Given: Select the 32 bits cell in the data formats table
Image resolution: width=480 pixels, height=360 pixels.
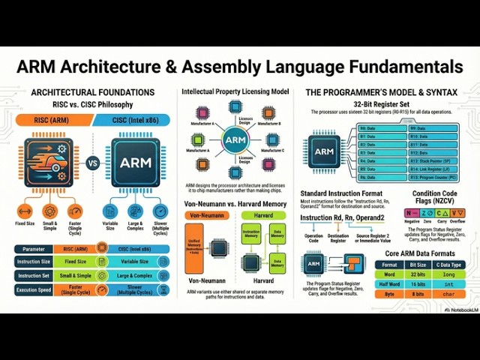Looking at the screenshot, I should click(x=418, y=274).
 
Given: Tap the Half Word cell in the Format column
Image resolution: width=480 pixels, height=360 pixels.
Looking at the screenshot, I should click(x=388, y=285).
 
